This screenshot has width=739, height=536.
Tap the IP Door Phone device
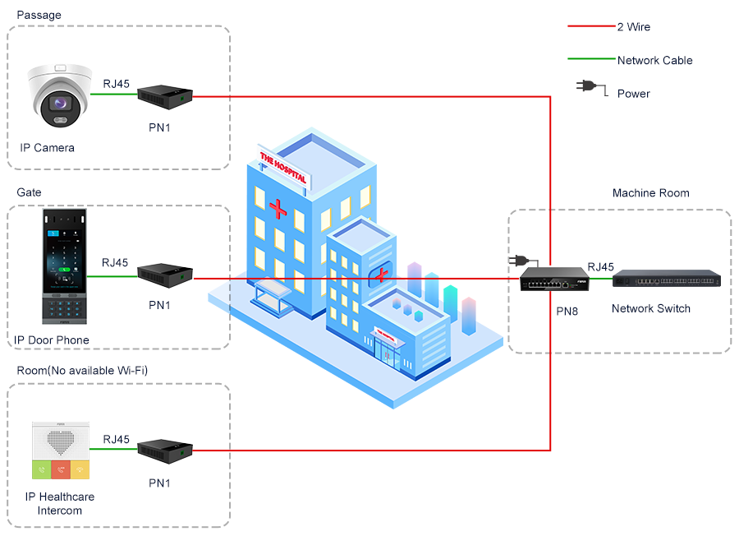pos(65,266)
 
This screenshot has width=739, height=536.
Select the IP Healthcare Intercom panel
pos(60,451)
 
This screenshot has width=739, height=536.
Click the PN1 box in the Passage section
pos(165,97)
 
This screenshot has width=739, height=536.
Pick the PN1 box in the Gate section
pos(165,276)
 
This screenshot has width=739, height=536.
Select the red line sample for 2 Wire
pos(591,27)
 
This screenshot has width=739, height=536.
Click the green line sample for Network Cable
pos(591,60)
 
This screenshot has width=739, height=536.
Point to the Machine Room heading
pos(650,193)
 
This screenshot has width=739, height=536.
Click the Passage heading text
pos(39,15)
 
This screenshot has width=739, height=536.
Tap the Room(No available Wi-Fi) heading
pos(82,371)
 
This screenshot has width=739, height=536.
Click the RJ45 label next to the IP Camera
pos(116,83)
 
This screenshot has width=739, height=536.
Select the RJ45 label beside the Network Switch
pos(600,266)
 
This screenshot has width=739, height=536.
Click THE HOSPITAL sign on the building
pos(282,167)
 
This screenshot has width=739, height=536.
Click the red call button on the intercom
pos(60,469)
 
